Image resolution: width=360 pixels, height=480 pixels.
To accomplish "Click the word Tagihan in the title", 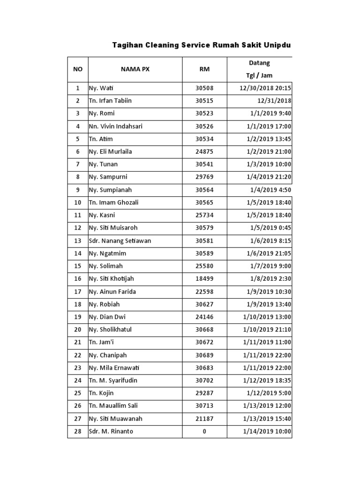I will point(127,45).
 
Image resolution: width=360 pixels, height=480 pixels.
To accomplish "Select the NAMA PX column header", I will point(135,69).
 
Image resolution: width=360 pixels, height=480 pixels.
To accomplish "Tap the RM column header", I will point(204,69).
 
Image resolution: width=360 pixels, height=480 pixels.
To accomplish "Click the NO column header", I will point(78,69).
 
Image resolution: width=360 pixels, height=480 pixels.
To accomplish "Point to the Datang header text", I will point(259,63).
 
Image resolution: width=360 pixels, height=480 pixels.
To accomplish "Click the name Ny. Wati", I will point(102,88).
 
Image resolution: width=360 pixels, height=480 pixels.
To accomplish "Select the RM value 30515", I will point(204,101).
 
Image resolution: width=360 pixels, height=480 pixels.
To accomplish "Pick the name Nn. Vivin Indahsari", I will point(116,126).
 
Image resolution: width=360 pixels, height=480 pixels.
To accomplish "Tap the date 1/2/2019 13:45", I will point(268,139).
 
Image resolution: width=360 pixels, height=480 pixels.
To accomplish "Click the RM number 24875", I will point(204,151).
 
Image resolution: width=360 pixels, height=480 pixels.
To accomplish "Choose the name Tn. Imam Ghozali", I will point(113,202).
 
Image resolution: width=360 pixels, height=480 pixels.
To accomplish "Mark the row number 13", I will point(78,240).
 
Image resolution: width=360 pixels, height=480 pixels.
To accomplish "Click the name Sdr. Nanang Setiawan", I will point(120,240).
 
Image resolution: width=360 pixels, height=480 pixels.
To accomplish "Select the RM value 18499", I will point(204,279).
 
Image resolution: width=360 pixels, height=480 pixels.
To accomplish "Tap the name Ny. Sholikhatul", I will point(110,330).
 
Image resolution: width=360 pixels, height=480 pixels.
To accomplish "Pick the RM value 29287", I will point(204,393).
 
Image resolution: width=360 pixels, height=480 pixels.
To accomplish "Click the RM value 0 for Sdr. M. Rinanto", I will point(204,431).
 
